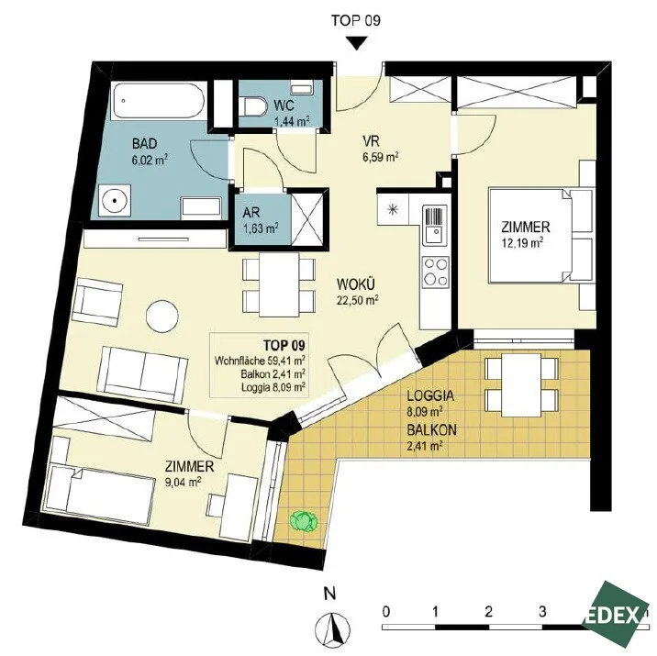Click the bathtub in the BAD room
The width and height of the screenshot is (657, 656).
pos(160,101)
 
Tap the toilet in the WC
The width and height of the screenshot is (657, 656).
pos(254,106)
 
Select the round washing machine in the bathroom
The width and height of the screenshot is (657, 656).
pos(115,200)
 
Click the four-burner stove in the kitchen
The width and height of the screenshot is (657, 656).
pos(435,272)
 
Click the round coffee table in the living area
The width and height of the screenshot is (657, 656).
pos(162,317)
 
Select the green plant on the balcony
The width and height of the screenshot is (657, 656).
pos(304,521)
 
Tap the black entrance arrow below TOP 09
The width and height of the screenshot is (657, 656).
pos(356,43)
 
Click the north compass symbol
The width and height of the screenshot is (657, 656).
pos(333,627)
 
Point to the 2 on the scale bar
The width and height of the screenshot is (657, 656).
pos(488,612)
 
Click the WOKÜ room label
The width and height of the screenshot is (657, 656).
pos(355,284)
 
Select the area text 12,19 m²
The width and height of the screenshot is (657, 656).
pos(522,243)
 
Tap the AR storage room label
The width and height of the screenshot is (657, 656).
pos(251,212)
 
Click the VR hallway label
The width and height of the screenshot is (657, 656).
pos(372,140)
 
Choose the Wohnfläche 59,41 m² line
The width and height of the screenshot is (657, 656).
pos(260,361)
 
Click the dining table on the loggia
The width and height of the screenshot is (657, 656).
pos(522,385)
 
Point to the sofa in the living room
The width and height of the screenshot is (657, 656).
pos(142,374)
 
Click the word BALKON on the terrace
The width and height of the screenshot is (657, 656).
pos(431,429)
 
